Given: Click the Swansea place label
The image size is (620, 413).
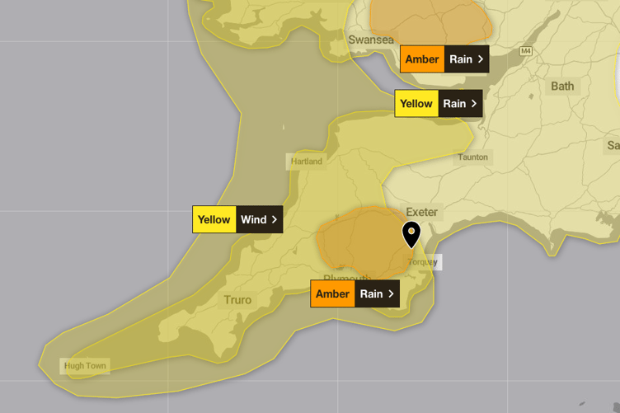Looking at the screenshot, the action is (x=371, y=40).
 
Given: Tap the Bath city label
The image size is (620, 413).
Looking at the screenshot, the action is (x=562, y=86).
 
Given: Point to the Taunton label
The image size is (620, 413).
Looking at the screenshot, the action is (x=472, y=157).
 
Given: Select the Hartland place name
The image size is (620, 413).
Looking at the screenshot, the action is (x=307, y=161).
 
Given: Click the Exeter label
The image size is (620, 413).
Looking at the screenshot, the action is (x=421, y=212).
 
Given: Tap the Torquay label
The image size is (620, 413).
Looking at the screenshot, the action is (x=424, y=262).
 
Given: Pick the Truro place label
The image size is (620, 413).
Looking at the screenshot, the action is (x=237, y=300).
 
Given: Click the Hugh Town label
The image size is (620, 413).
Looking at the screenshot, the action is (x=86, y=365).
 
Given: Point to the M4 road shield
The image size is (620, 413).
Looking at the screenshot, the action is (x=526, y=52).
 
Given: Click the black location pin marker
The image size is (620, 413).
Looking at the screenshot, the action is (x=411, y=232).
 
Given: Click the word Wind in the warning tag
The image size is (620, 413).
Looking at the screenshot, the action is (x=254, y=219).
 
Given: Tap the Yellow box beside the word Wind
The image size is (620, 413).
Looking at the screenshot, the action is (x=214, y=219).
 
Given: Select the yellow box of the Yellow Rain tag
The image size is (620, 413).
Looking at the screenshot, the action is (x=416, y=104).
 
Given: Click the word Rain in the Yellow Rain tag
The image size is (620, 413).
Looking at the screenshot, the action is (x=454, y=104).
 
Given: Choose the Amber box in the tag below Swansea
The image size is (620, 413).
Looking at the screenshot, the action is (x=422, y=59).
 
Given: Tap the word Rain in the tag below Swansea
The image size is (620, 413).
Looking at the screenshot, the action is (x=461, y=59).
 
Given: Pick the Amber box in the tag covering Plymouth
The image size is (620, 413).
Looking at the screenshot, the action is (x=332, y=293).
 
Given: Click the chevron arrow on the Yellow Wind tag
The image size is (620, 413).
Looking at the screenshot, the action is (x=275, y=219).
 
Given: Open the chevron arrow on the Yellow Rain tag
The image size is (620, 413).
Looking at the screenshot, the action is (x=474, y=104).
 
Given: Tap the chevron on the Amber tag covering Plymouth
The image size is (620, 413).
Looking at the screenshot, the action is (x=391, y=293).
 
